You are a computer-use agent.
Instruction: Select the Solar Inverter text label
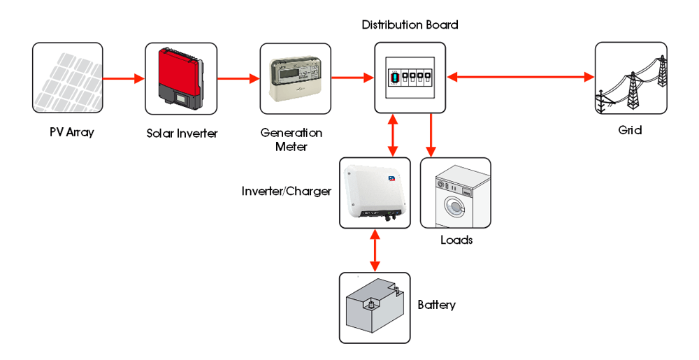pyautogui.click(x=182, y=133)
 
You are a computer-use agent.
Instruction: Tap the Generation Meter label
pyautogui.click(x=291, y=139)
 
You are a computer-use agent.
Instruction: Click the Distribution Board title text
pyautogui.click(x=410, y=25)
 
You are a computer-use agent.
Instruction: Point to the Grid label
pyautogui.click(x=630, y=130)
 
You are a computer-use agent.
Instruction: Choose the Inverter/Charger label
pyautogui.click(x=286, y=191)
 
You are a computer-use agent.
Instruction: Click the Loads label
pyautogui.click(x=456, y=240)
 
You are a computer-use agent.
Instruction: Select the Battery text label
pyautogui.click(x=436, y=305)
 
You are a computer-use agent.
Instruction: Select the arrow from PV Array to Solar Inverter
pyautogui.click(x=124, y=78)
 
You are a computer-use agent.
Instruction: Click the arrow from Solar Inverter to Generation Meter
pyautogui.click(x=238, y=78)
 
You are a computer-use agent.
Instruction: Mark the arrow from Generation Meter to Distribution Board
pyautogui.click(x=352, y=78)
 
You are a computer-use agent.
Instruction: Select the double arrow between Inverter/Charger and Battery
pyautogui.click(x=375, y=250)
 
